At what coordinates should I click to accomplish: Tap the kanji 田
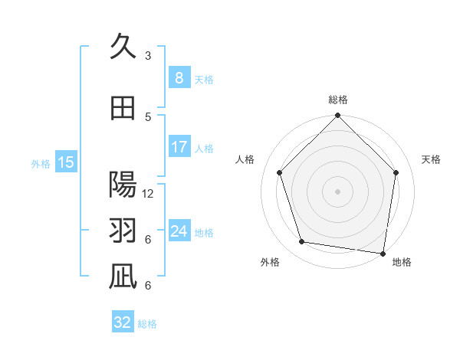123,108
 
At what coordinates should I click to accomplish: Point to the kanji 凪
123,277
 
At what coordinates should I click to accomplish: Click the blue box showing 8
179,77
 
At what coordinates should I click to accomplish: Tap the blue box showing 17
179,147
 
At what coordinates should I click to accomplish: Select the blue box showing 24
179,231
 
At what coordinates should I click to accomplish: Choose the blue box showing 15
66,162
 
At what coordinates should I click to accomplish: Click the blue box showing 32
123,322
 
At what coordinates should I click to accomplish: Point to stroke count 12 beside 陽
148,194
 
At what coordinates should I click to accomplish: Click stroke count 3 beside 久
148,55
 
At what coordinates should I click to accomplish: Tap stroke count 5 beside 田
148,116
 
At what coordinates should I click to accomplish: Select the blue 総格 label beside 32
147,324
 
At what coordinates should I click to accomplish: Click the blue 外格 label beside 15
41,163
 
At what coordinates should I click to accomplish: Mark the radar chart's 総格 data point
337,116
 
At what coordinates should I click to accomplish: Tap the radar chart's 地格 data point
383,253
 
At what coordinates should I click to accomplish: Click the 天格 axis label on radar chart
432,159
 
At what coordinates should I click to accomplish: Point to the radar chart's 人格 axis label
245,159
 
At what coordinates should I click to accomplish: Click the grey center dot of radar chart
337,191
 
